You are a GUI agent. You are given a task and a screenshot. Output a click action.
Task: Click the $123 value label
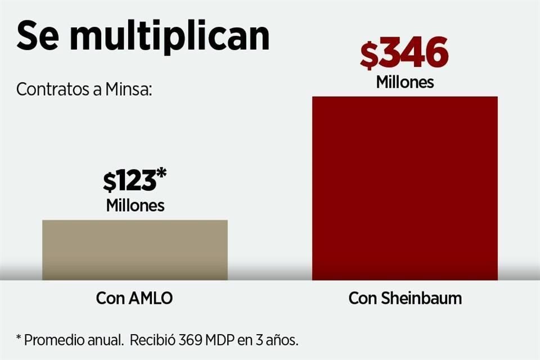pyautogui.click(x=129, y=181)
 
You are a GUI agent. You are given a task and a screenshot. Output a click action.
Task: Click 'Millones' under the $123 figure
pyautogui.click(x=135, y=205)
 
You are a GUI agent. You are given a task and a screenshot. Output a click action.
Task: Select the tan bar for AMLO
pyautogui.click(x=135, y=250)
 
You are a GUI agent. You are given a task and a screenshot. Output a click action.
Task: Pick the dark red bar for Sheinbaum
pyautogui.click(x=404, y=188)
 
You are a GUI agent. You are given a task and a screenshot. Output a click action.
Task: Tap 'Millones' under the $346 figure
pyautogui.click(x=405, y=82)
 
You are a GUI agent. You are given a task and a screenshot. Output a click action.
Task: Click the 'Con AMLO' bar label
pyautogui.click(x=134, y=298)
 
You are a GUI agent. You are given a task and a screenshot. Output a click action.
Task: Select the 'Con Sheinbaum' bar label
pyautogui.click(x=405, y=298)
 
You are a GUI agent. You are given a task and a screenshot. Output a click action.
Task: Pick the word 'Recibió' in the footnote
pyautogui.click(x=153, y=340)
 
